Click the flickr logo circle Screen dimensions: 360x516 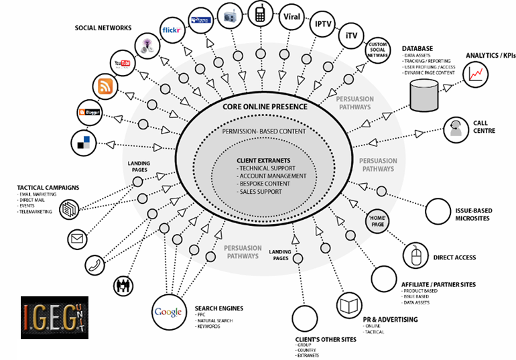170,29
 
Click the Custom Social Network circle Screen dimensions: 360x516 377,52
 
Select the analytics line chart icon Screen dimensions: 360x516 476,72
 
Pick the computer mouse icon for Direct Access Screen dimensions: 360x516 415,255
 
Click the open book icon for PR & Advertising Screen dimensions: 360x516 348,305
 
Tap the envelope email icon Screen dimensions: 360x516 77,238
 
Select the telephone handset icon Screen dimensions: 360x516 98,263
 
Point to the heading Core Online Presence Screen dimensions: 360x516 265,107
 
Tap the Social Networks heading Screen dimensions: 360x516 103,28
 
